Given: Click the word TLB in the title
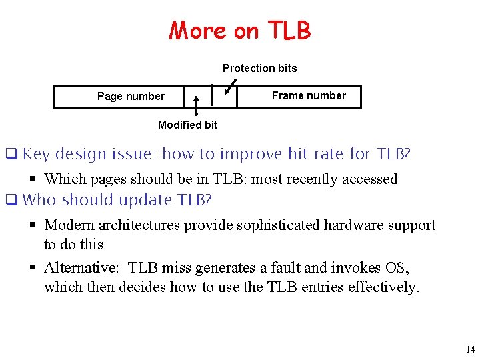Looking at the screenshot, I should [289, 31].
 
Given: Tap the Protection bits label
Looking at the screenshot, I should [259, 68].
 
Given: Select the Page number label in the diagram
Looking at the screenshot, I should [131, 97].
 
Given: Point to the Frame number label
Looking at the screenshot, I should [309, 95].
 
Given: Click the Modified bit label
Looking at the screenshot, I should [187, 125].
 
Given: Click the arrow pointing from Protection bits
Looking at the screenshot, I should [230, 87].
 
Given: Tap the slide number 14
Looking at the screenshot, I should [470, 349].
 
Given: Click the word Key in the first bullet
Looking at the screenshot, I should [36, 155].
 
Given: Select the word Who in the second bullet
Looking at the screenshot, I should [40, 200].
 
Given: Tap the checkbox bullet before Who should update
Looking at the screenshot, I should [11, 201].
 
